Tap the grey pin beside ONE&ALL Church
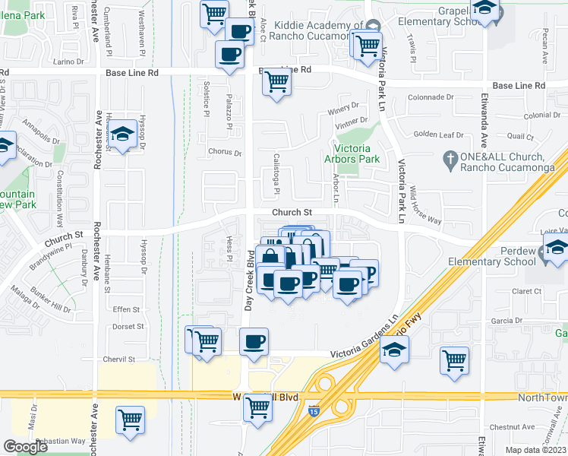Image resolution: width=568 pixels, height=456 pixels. tap(450, 160)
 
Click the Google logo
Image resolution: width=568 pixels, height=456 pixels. tap(25, 446)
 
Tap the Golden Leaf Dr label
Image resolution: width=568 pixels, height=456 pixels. tap(438, 135)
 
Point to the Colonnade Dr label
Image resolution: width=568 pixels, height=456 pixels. tap(430, 97)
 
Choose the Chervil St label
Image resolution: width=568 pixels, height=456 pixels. tap(119, 359)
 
